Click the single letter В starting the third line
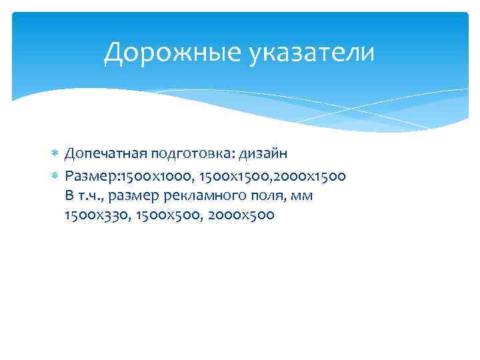click(x=69, y=195)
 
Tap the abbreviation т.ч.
click(x=90, y=196)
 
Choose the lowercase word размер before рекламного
click(x=133, y=196)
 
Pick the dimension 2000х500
click(x=241, y=215)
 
